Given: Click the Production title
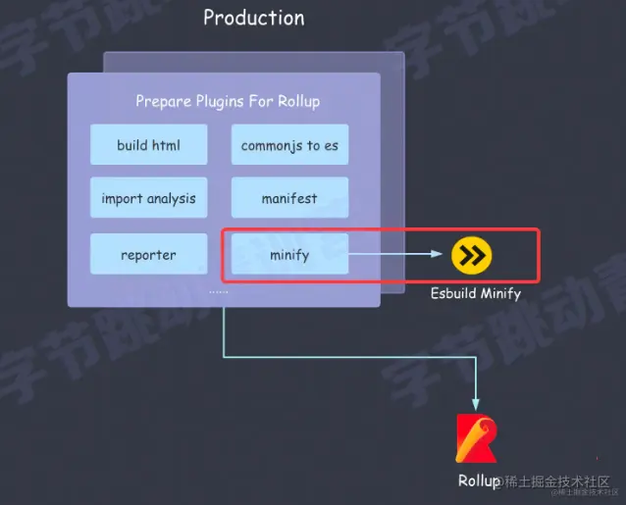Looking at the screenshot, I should pyautogui.click(x=253, y=18).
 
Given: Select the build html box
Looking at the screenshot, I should pyautogui.click(x=148, y=145).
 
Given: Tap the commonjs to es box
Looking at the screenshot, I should pyautogui.click(x=289, y=145).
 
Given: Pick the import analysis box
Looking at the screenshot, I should pyautogui.click(x=148, y=198).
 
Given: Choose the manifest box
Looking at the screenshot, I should pyautogui.click(x=289, y=198).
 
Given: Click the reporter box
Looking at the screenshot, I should pyautogui.click(x=148, y=255).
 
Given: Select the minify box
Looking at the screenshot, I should pyautogui.click(x=289, y=255).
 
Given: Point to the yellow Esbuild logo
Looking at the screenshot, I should pyautogui.click(x=472, y=255).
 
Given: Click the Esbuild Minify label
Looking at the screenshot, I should pyautogui.click(x=476, y=293).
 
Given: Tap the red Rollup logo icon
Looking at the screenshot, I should pyautogui.click(x=477, y=438).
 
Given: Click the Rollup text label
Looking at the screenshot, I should pyautogui.click(x=478, y=480).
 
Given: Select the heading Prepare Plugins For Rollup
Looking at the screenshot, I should pyautogui.click(x=228, y=101).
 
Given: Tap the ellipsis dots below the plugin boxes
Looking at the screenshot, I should pyautogui.click(x=219, y=291).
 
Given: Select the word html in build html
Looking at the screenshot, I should pyautogui.click(x=166, y=145).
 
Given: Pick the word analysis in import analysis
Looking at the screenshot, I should pyautogui.click(x=170, y=198).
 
